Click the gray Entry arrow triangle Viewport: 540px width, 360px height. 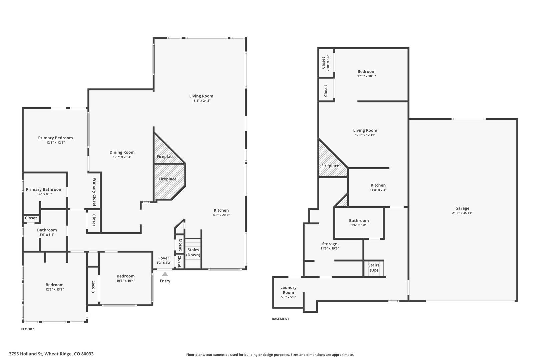(x=165, y=274)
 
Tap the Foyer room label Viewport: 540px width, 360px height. (x=164, y=258)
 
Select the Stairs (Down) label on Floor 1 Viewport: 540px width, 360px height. (x=193, y=252)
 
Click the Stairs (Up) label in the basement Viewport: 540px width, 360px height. (x=374, y=268)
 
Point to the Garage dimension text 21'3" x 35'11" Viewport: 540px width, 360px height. (x=462, y=213)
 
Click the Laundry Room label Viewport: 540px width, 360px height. (x=288, y=290)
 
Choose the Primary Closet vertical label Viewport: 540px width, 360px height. (x=95, y=192)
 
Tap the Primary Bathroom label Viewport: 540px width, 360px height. (x=44, y=190)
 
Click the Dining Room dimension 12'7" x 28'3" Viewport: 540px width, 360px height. (x=122, y=157)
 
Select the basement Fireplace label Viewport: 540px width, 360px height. (x=330, y=166)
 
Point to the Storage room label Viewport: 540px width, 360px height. (x=330, y=244)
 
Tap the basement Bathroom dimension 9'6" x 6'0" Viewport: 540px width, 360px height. (x=359, y=225)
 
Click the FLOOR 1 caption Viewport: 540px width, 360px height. (x=28, y=329)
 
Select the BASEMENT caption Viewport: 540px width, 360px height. (x=280, y=319)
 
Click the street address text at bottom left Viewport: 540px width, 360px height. (x=51, y=354)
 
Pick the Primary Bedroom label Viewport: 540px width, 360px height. (x=55, y=138)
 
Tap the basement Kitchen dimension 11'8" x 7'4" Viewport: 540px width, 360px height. (x=378, y=190)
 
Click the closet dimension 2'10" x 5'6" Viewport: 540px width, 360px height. (x=328, y=63)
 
